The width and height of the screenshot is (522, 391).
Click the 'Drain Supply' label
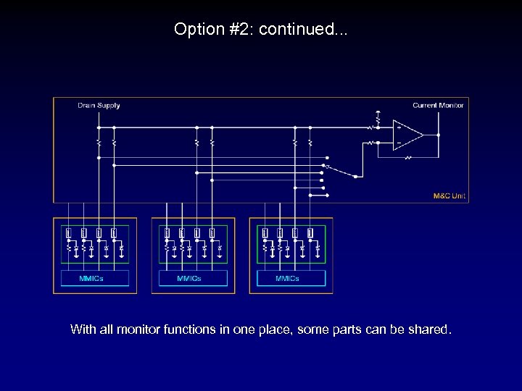click(x=99, y=106)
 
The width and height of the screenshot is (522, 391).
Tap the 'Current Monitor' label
click(x=438, y=106)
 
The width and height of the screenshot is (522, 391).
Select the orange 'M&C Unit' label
click(x=449, y=195)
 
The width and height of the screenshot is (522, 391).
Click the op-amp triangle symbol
click(x=407, y=135)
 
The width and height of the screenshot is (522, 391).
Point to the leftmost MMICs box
click(x=95, y=278)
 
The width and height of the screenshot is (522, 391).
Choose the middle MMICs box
click(x=193, y=278)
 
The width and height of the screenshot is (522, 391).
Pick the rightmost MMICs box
click(x=291, y=278)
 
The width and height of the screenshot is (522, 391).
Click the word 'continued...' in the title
click(x=303, y=30)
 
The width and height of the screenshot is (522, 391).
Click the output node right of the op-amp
click(x=439, y=135)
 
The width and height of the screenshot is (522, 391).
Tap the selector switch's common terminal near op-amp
click(x=355, y=176)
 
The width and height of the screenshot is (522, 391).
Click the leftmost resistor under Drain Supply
click(x=99, y=143)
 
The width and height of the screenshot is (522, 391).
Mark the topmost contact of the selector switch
click(x=328, y=157)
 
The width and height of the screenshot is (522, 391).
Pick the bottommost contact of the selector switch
click(x=328, y=195)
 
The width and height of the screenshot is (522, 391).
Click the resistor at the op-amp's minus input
click(x=370, y=143)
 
